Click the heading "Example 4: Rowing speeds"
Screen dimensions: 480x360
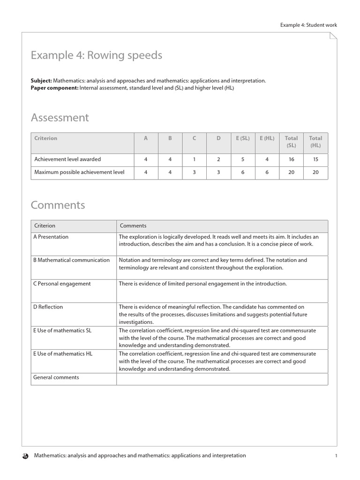pyautogui.click(x=96, y=55)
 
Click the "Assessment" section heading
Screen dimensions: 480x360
pyautogui.click(x=60, y=117)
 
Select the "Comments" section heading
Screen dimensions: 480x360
pyautogui.click(x=58, y=205)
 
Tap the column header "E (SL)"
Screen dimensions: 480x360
pyautogui.click(x=243, y=138)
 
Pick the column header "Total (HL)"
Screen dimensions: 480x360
pyautogui.click(x=315, y=142)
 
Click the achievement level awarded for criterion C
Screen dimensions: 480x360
pyautogui.click(x=194, y=159)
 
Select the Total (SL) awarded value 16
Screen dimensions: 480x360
pyautogui.click(x=291, y=159)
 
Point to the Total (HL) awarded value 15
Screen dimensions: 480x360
pyautogui.click(x=315, y=159)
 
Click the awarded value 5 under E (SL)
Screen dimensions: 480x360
pyautogui.click(x=243, y=159)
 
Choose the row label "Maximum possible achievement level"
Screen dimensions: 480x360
pyautogui.click(x=79, y=172)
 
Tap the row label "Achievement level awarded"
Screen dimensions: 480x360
pyautogui.click(x=67, y=159)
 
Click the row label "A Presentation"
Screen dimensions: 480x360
pyautogui.click(x=51, y=237)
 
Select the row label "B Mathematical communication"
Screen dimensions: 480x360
pyautogui.click(x=72, y=260)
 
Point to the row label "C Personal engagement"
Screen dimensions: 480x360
pyautogui.click(x=62, y=284)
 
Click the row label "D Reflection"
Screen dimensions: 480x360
pyautogui.click(x=48, y=307)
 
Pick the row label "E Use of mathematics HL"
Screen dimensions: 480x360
pyautogui.click(x=63, y=354)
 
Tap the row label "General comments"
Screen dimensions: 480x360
pyautogui.click(x=56, y=377)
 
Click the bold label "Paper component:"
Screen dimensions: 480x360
pyautogui.click(x=54, y=88)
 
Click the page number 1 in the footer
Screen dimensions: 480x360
pyautogui.click(x=336, y=456)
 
